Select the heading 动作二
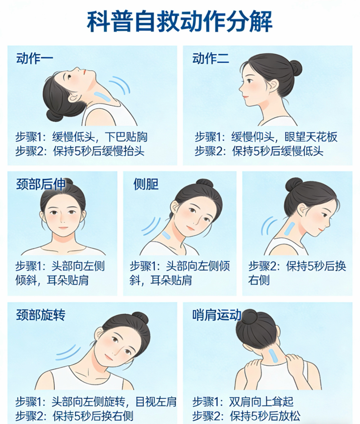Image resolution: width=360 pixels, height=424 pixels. tap(211, 58)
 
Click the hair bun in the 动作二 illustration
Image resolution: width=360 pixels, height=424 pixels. tap(296, 67)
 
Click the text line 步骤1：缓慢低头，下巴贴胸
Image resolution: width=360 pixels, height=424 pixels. tap(81, 137)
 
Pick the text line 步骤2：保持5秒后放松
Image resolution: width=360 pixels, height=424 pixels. tap(246, 416)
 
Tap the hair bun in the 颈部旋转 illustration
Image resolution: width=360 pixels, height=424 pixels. tap(140, 318)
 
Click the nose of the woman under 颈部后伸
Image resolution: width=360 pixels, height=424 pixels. tap(63, 220)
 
